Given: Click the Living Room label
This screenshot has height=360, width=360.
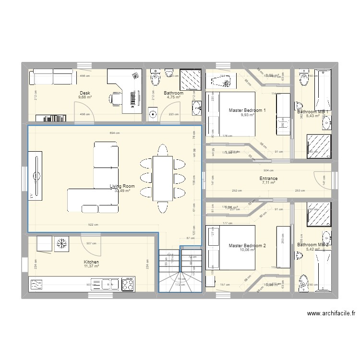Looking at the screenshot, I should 122,186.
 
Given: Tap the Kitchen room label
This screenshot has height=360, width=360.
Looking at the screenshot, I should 91,263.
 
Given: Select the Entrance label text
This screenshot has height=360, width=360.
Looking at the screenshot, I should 268,179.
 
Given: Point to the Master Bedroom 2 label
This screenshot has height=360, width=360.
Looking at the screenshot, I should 247,246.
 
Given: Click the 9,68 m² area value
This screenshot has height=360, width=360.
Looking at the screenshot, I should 85,97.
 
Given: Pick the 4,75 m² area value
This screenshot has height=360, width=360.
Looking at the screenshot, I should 173,97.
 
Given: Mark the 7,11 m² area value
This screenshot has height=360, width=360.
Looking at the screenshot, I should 268,183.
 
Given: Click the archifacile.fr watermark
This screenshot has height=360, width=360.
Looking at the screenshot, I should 331,313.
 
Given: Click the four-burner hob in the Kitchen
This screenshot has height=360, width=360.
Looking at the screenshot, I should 127,284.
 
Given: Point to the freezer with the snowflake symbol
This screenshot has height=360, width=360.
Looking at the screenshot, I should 61,244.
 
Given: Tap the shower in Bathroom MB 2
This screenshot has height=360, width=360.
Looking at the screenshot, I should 317,215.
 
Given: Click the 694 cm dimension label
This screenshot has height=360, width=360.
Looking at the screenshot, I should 114,132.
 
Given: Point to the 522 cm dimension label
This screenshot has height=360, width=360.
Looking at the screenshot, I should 93,225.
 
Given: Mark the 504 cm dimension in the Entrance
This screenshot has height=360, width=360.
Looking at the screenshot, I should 269,170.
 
